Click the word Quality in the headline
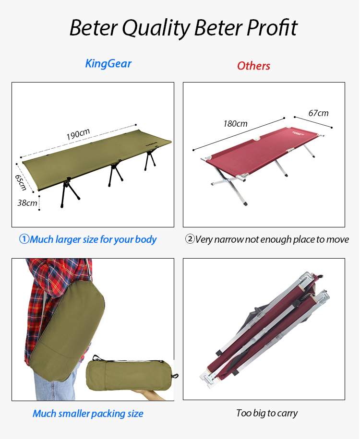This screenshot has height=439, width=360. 156,28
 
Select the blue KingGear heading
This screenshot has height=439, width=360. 108,64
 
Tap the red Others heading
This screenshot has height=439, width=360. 253,66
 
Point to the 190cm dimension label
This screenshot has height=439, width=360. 78,134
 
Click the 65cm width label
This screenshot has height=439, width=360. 21,182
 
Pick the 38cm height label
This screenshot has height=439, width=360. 27,202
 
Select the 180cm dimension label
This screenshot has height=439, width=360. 235,124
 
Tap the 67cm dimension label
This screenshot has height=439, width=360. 318,113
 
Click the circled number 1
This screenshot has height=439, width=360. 24,239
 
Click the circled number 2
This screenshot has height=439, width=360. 190,239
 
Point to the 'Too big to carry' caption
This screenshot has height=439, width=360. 267,413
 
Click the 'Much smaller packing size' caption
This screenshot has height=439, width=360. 88,414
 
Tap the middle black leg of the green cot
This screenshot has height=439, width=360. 115,173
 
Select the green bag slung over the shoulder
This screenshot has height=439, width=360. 67,331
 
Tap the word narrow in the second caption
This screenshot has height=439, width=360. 228,240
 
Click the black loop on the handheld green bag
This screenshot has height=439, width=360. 175,376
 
